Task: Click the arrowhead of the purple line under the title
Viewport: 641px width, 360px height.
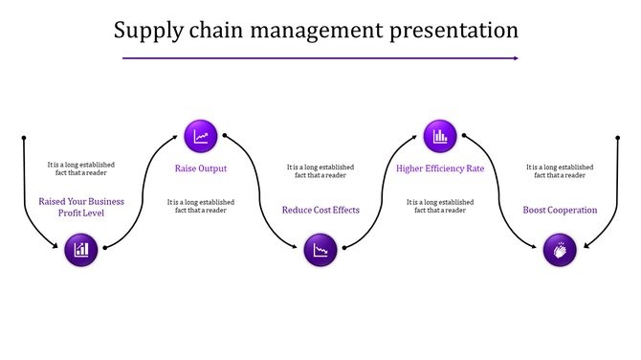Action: click(x=515, y=58)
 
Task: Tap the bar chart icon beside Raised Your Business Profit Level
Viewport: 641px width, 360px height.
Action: click(x=82, y=250)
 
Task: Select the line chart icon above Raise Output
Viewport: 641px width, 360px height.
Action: click(x=201, y=136)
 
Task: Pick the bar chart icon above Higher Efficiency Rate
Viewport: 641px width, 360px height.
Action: click(x=440, y=136)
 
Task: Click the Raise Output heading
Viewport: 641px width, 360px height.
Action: click(x=201, y=169)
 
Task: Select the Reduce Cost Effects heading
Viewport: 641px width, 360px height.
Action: click(x=320, y=210)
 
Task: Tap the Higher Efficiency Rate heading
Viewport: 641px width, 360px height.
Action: click(x=440, y=169)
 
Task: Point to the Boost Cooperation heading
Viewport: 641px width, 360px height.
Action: click(x=560, y=210)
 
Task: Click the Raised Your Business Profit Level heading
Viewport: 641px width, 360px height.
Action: click(x=81, y=207)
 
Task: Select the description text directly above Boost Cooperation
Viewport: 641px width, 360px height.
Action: click(x=560, y=171)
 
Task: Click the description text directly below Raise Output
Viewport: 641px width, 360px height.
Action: click(x=201, y=206)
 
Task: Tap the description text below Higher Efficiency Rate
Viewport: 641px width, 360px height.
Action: click(x=440, y=206)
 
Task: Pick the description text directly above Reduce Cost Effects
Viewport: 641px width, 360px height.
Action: click(x=320, y=171)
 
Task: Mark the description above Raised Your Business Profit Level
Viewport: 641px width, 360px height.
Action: click(x=81, y=169)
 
